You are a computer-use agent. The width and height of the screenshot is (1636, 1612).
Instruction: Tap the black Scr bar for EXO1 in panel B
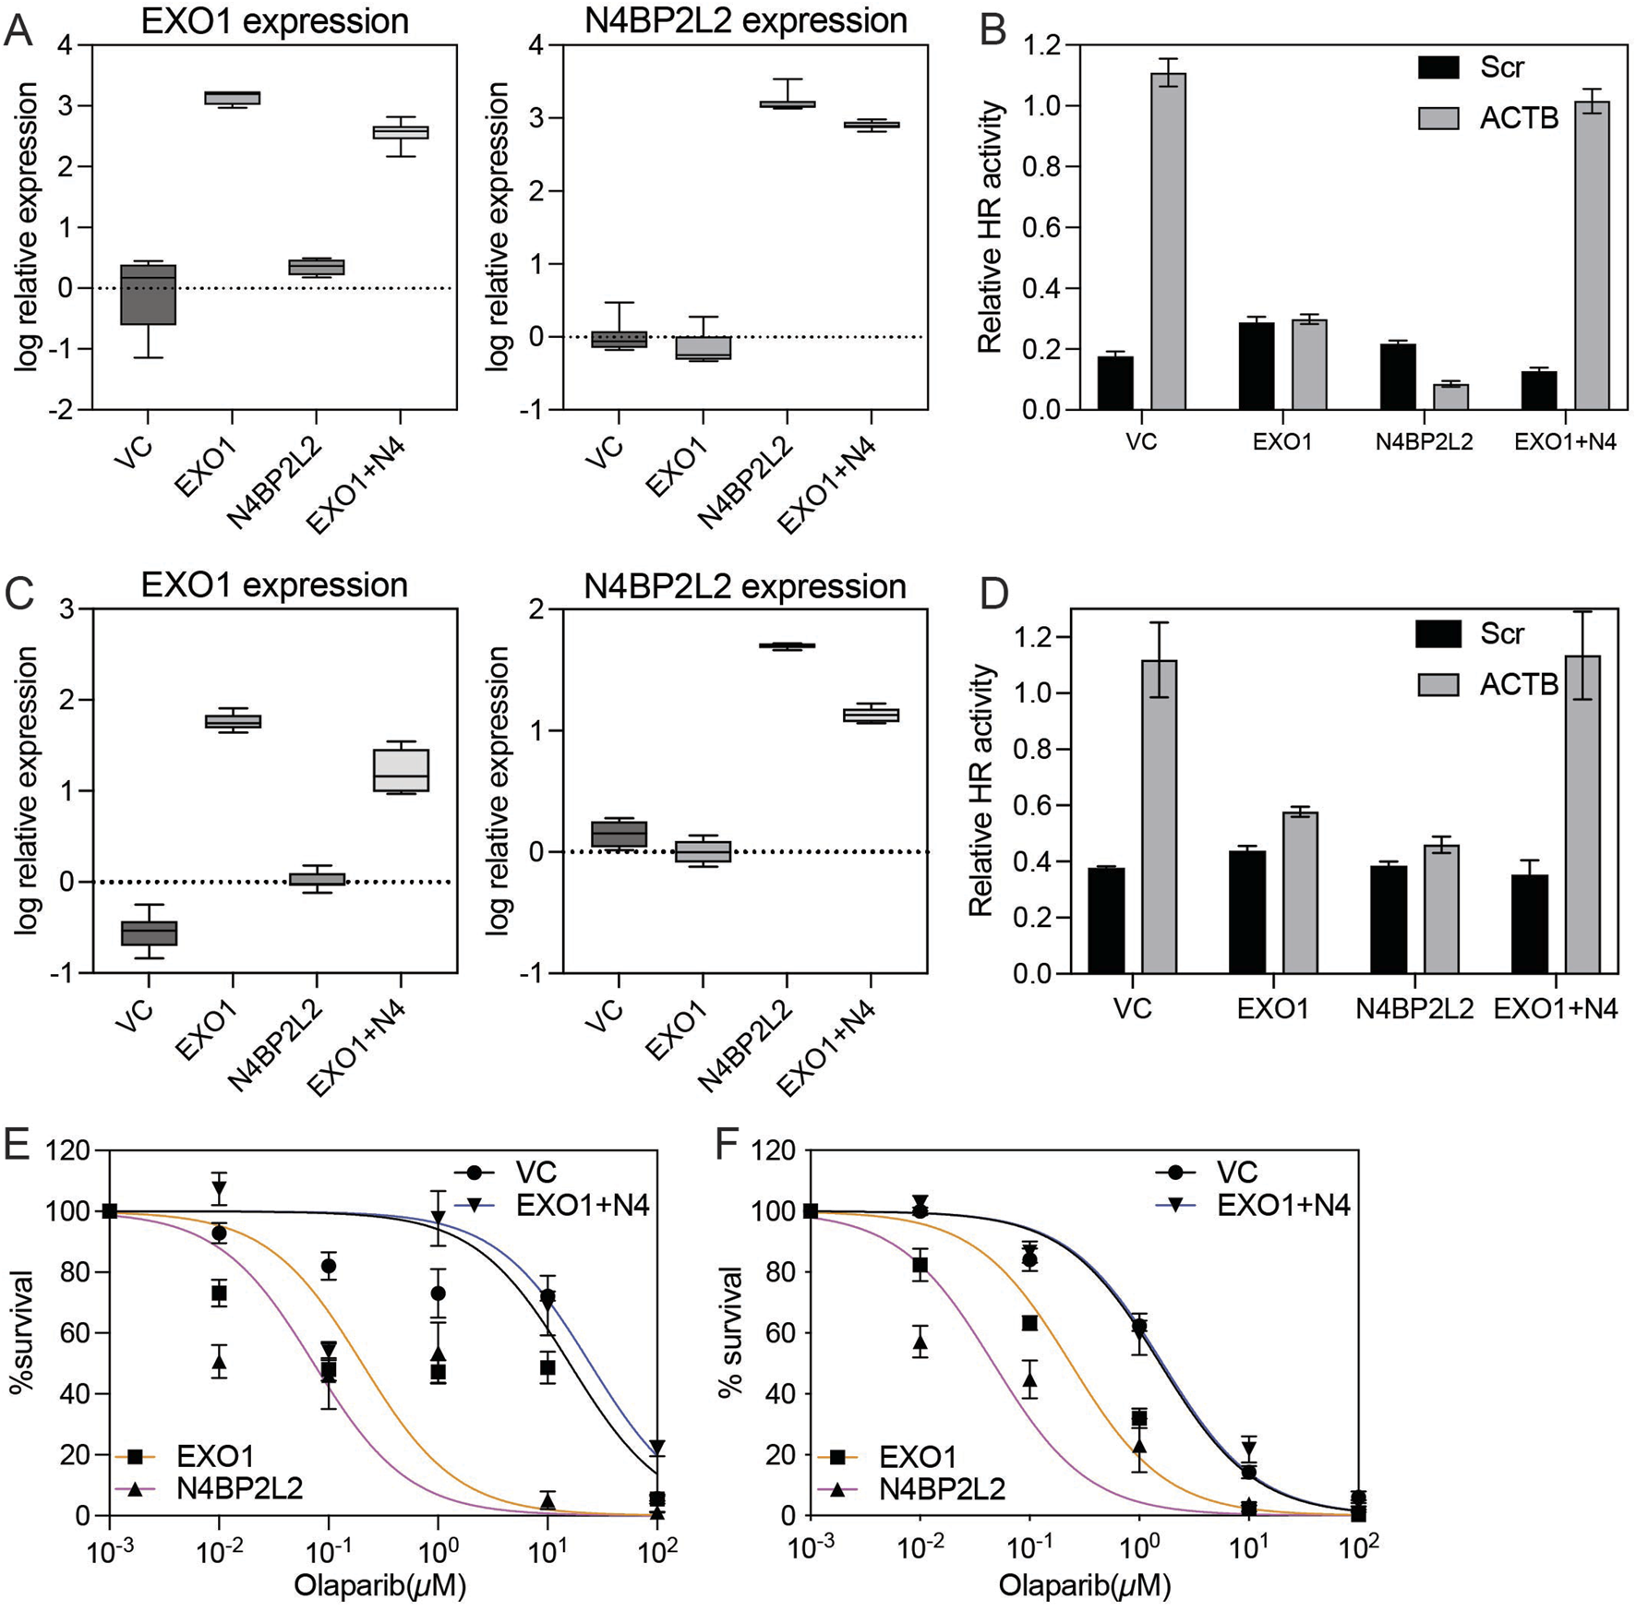click(1257, 366)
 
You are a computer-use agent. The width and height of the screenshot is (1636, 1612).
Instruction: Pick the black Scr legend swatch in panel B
click(1438, 67)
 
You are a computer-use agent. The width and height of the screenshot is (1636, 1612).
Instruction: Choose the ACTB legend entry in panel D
click(1486, 684)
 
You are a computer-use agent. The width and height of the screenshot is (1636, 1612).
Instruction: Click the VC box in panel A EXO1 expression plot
click(148, 295)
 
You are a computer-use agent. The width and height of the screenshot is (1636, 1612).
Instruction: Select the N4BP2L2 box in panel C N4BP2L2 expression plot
click(787, 645)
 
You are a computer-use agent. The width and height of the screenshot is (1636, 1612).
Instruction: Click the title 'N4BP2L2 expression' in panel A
click(746, 20)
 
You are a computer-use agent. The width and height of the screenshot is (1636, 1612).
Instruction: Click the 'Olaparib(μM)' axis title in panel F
click(1084, 1585)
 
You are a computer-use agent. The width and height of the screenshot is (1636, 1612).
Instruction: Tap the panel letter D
click(993, 595)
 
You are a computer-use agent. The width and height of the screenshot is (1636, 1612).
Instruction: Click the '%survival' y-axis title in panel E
click(22, 1332)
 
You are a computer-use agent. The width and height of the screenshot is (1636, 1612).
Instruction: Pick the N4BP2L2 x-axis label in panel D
click(1414, 1009)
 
